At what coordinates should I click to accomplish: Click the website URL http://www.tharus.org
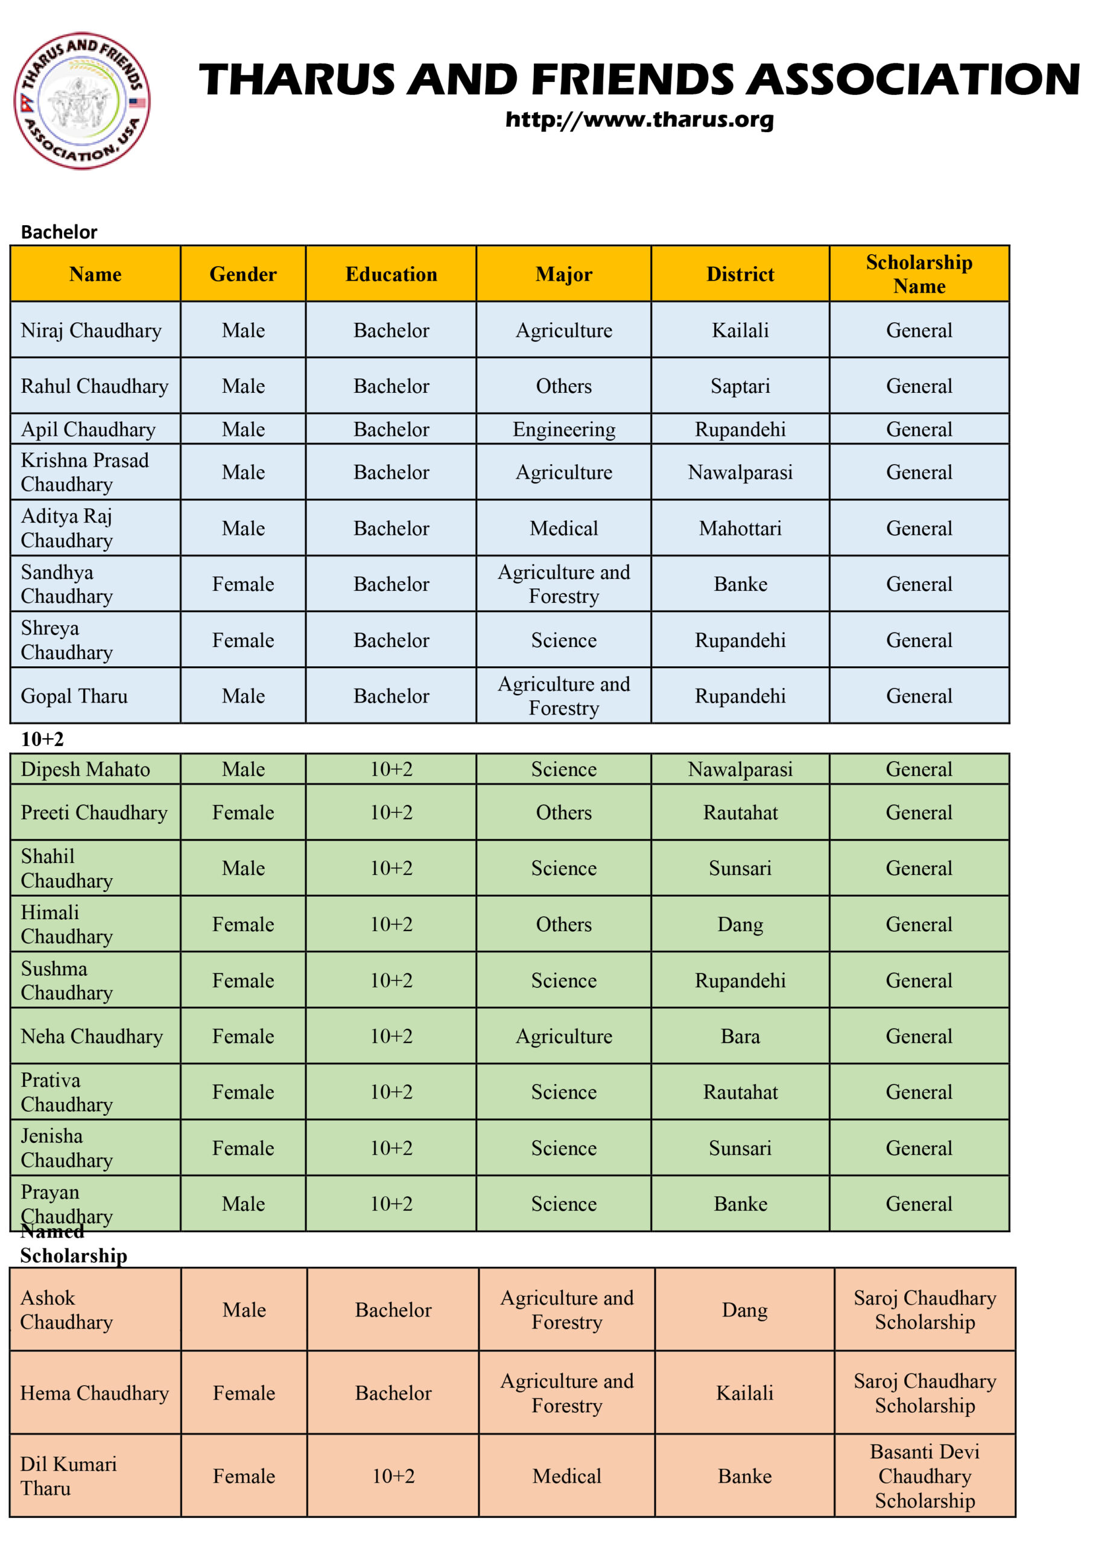tap(639, 120)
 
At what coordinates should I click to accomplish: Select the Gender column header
tap(243, 274)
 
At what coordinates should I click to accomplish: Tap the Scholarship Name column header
tap(919, 274)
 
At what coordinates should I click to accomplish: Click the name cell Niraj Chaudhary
tap(91, 330)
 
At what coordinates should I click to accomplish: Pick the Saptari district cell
tap(740, 386)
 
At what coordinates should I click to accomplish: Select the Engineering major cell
tap(564, 429)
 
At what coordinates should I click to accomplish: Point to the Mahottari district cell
tap(740, 528)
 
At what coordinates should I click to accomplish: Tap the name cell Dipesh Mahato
tap(85, 769)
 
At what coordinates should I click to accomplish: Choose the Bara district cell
tap(740, 1036)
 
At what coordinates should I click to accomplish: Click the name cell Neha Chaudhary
tap(92, 1036)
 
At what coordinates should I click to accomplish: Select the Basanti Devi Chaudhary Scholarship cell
tap(924, 1476)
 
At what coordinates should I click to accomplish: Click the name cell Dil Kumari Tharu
tap(68, 1476)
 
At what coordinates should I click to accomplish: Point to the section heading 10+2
tap(42, 739)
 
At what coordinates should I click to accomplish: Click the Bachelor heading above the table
tap(59, 232)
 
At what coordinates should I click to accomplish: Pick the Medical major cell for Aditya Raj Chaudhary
tap(564, 528)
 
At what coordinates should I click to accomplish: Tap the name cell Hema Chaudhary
tap(94, 1392)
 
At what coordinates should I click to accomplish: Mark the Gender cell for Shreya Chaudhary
tap(243, 640)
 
